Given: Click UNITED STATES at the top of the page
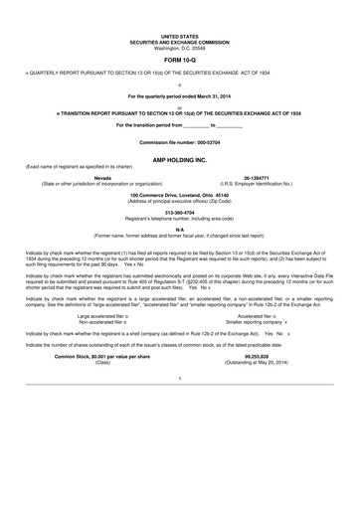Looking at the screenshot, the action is (x=179, y=34).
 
